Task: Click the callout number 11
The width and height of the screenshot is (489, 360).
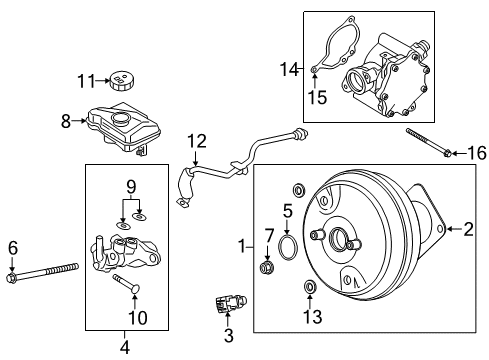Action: coord(87,80)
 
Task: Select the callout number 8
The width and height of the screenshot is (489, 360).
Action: coord(66,121)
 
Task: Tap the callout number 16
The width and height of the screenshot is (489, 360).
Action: coord(477,152)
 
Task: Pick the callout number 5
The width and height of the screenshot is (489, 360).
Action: coord(286,211)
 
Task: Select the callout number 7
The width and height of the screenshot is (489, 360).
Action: coord(268,236)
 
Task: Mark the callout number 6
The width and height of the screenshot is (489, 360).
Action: coord(12,246)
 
